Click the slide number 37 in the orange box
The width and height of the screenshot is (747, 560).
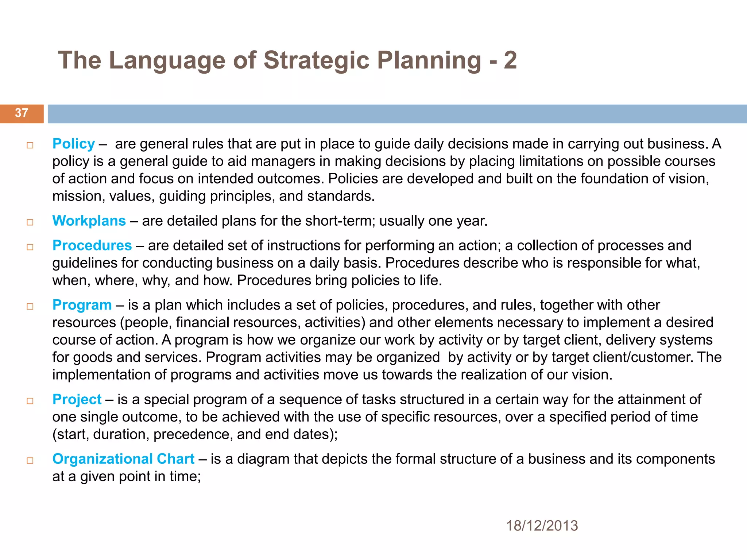[22, 113]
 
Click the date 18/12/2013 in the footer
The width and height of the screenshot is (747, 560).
[542, 526]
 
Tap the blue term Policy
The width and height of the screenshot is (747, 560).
[73, 144]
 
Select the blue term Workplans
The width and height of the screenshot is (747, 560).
[89, 221]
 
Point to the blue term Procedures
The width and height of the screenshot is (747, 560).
[92, 246]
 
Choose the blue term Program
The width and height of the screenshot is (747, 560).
[82, 305]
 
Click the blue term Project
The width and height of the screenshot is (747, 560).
[77, 400]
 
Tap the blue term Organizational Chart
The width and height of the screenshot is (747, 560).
[123, 459]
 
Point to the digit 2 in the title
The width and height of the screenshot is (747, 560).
[510, 60]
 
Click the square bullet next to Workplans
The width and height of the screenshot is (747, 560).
[30, 222]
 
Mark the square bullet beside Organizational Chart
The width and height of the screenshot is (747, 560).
[30, 460]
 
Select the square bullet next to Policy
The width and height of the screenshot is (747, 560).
[30, 145]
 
